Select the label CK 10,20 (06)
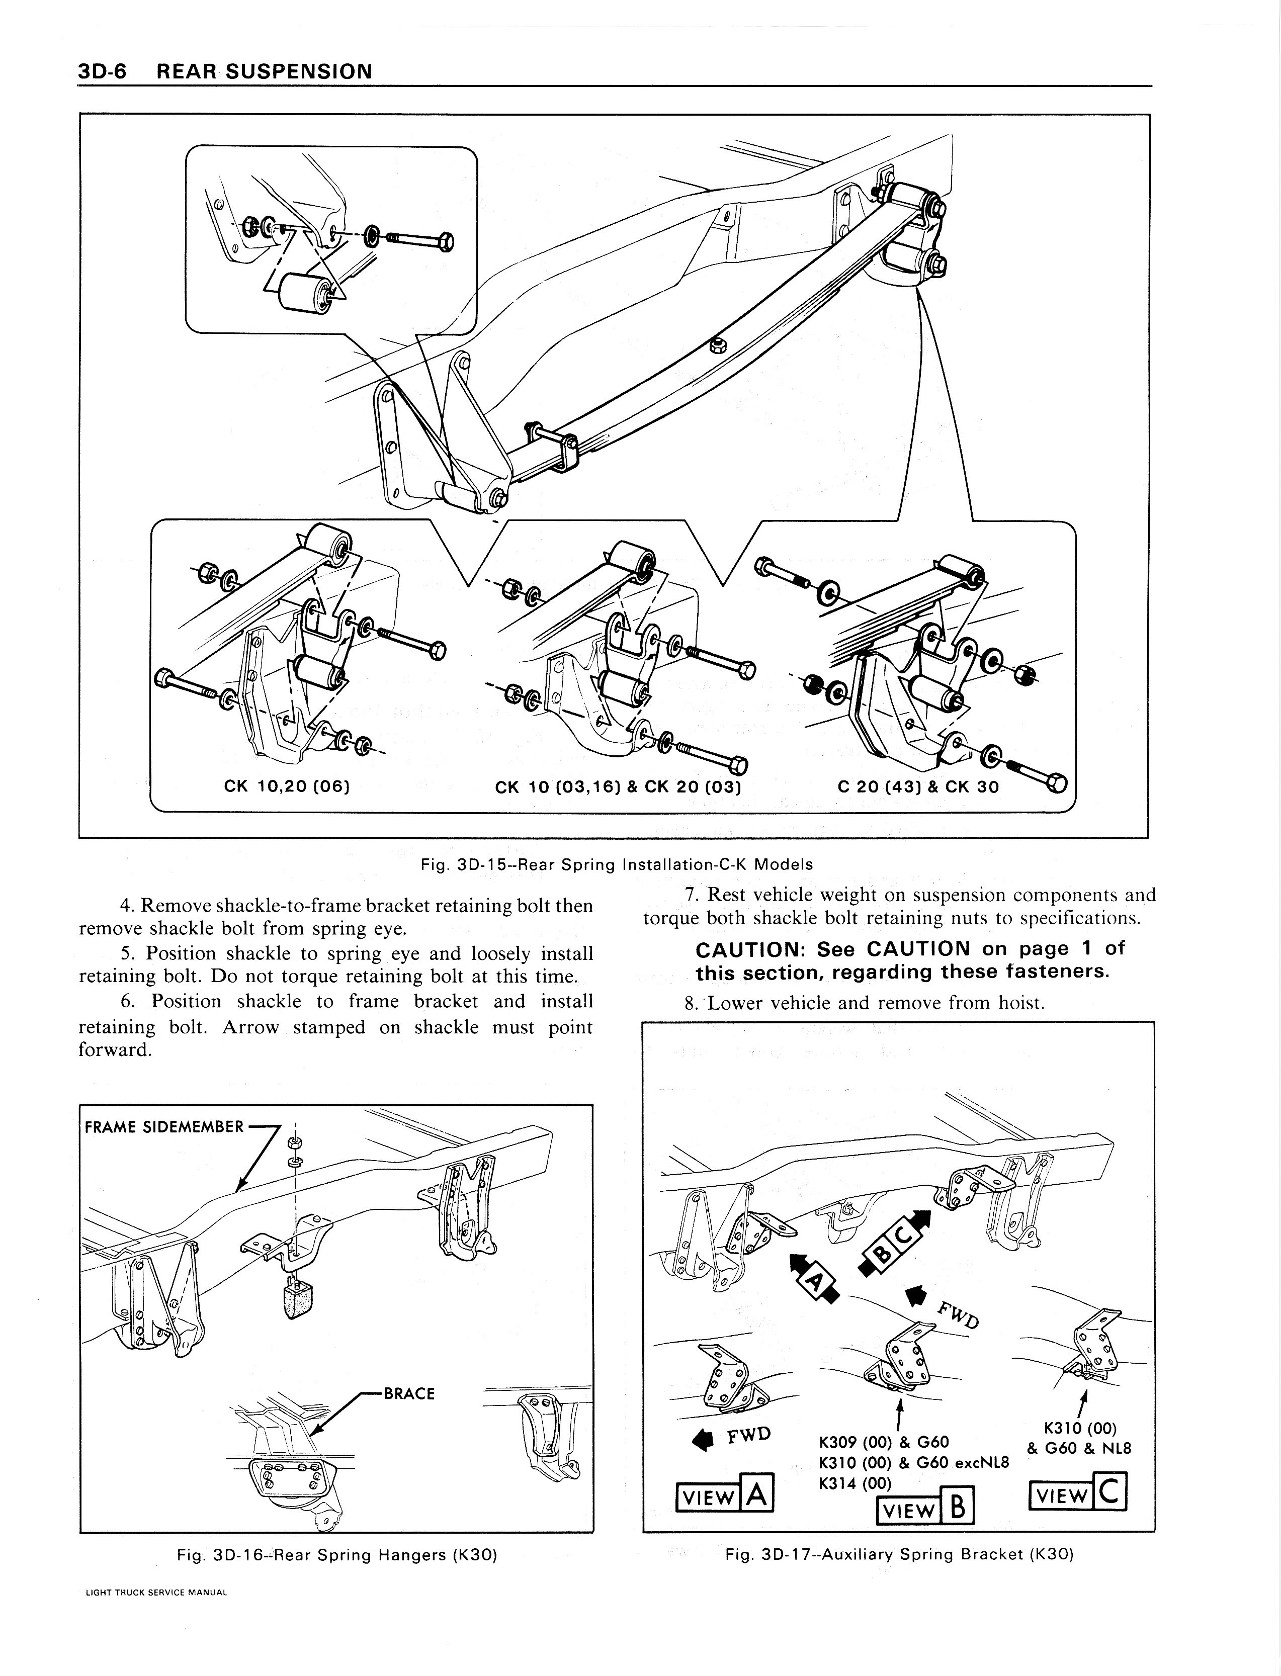click(x=287, y=786)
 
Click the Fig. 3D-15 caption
click(x=617, y=864)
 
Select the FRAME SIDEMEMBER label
click(x=164, y=1126)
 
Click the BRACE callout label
click(x=409, y=1394)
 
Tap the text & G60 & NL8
click(x=1079, y=1448)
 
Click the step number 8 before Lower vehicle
click(x=690, y=1004)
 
